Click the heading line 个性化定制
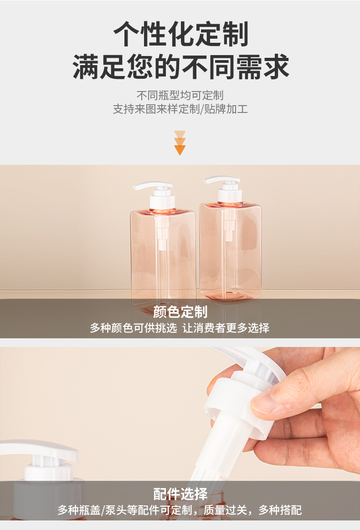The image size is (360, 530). [x=180, y=34]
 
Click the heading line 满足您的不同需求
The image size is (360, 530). [x=180, y=66]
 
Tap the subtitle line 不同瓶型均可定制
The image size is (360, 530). [x=180, y=95]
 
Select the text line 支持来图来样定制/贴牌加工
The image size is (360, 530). [x=180, y=109]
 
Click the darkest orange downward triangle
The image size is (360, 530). [x=180, y=150]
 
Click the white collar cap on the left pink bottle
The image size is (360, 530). [x=162, y=201]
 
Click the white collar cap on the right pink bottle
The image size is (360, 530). [x=230, y=195]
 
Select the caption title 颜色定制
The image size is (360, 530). [x=180, y=311]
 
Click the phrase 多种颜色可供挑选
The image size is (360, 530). [x=134, y=328]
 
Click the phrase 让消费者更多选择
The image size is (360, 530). [x=226, y=328]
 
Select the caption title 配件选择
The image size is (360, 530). [x=180, y=494]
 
